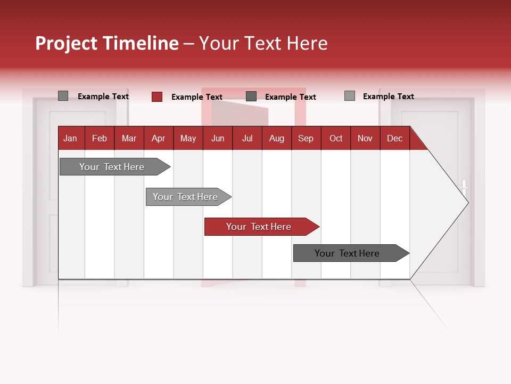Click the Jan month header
coord(71,138)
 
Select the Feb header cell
coord(100,138)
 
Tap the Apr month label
coord(158,138)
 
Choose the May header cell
coord(188,138)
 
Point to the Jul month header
coord(247,138)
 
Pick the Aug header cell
coord(276,138)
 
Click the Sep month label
coord(306,138)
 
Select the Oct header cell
coord(336,138)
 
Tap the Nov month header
coord(365,138)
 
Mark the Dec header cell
coord(394,138)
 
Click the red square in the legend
coord(157,97)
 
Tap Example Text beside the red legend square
coord(196,97)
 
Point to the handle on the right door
coord(464,186)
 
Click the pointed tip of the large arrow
coord(467,202)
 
